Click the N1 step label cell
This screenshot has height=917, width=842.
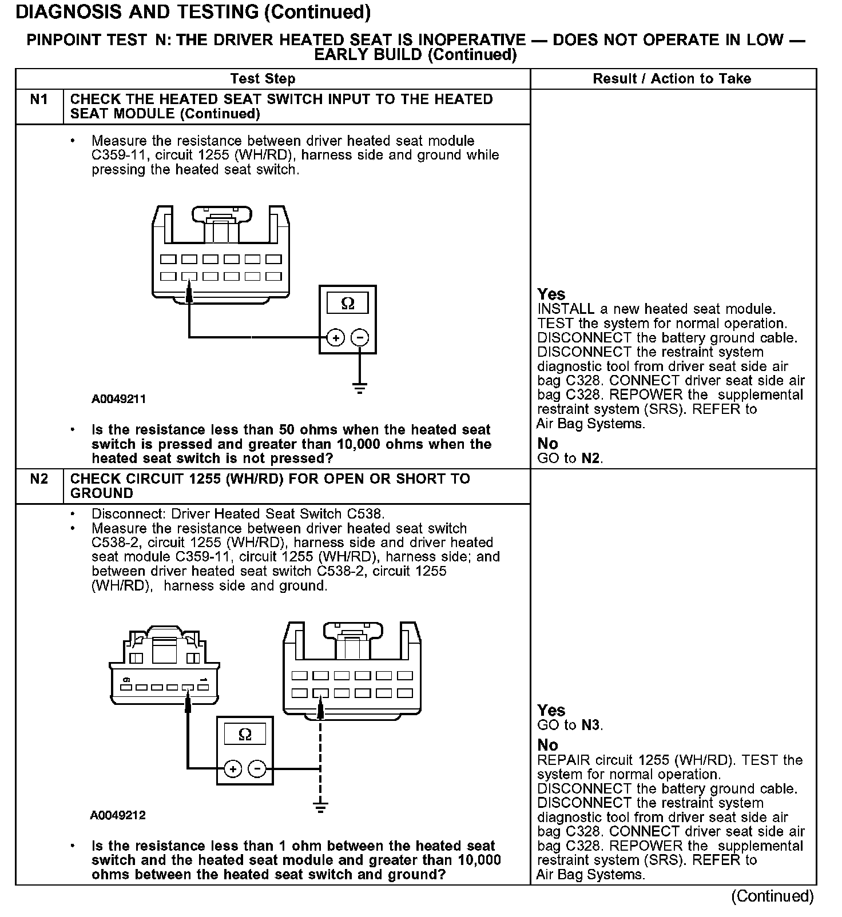click(x=39, y=100)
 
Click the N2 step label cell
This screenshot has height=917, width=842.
click(x=39, y=479)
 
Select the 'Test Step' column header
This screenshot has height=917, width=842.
click(x=263, y=79)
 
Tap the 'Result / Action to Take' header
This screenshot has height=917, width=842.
click(x=672, y=79)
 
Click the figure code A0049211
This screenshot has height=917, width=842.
click(x=118, y=399)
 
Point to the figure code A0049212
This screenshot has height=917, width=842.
click(x=118, y=815)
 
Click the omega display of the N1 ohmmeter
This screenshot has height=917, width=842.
click(x=347, y=304)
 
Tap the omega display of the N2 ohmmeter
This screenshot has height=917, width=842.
click(x=244, y=735)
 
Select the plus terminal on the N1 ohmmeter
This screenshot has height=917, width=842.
click(x=335, y=338)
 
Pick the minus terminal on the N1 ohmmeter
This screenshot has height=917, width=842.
click(x=359, y=338)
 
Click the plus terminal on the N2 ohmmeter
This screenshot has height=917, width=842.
click(x=233, y=769)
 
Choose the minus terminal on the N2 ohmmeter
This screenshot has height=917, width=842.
click(x=257, y=769)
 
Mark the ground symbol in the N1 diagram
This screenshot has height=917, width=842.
click(x=359, y=388)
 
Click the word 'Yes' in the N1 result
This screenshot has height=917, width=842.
click(x=551, y=294)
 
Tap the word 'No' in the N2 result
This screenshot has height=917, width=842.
click(x=548, y=745)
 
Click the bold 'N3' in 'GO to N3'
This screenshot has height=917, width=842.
click(x=591, y=725)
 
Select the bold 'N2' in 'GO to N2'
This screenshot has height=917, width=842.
click(x=591, y=458)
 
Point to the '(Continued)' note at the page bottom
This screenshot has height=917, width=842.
click(x=772, y=896)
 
